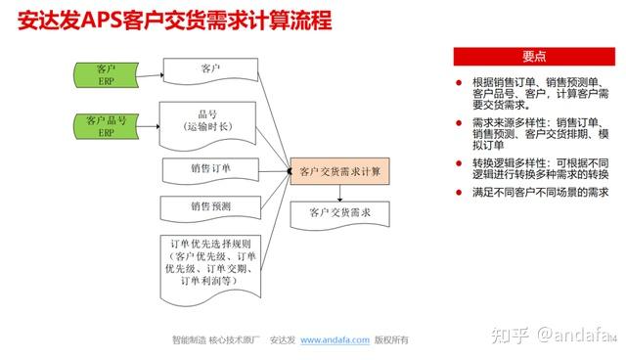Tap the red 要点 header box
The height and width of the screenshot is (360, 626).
(535, 56)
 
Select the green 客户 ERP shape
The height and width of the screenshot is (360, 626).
(107, 74)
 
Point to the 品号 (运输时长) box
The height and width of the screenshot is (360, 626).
(209, 120)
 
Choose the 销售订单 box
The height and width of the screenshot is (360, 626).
(211, 169)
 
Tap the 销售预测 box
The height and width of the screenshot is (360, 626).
(211, 207)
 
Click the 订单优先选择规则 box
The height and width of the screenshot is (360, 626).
(211, 261)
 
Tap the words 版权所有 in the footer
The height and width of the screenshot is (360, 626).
(392, 339)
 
